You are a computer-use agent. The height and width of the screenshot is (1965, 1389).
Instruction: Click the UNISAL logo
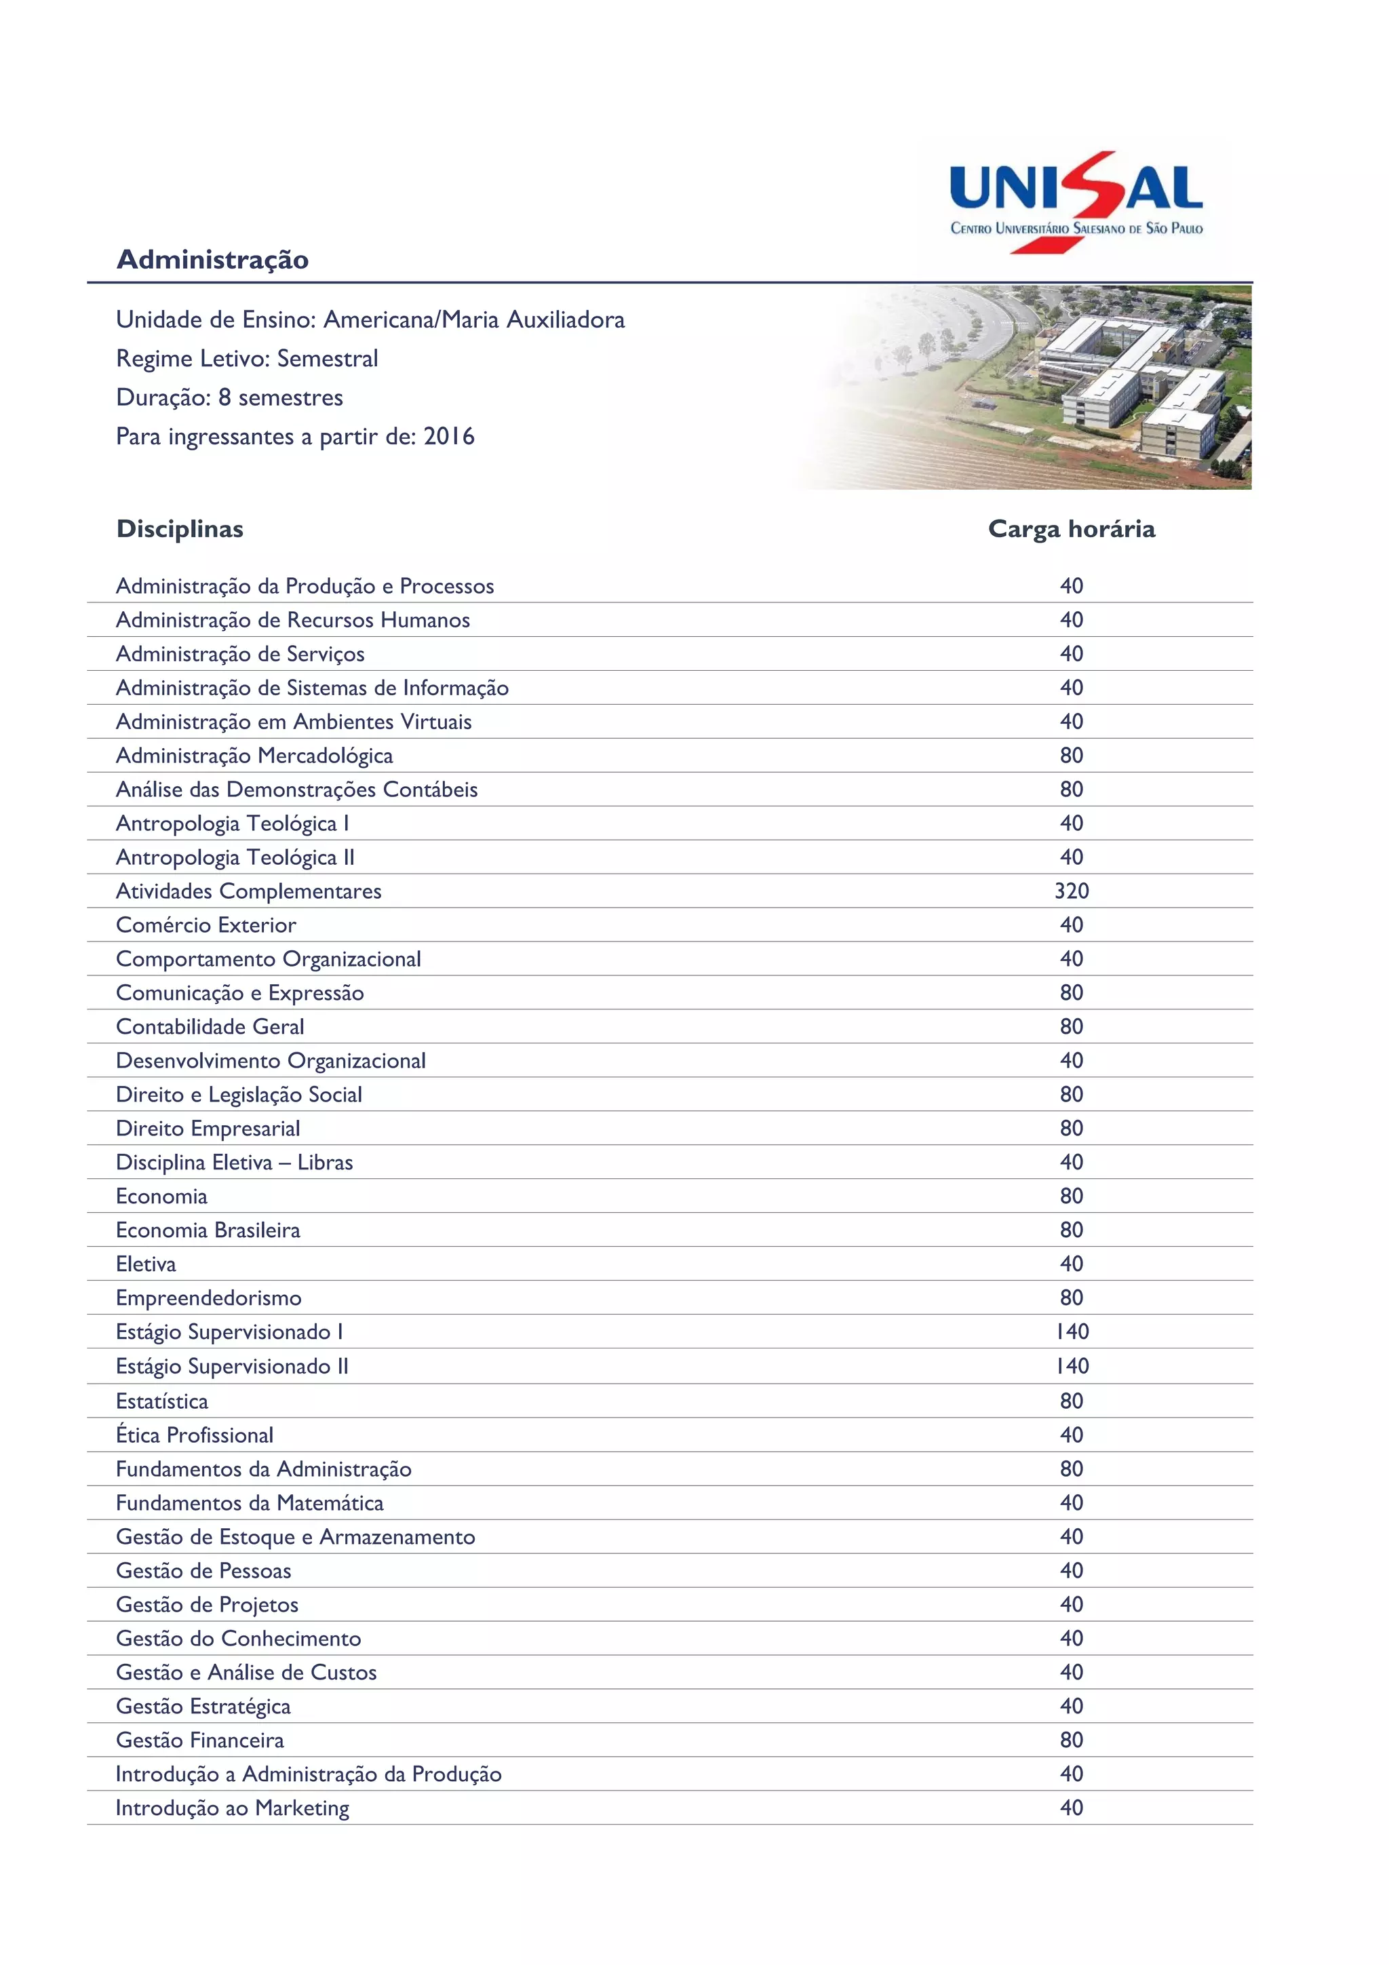(1076, 202)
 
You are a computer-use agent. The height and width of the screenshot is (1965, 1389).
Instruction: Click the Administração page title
(212, 259)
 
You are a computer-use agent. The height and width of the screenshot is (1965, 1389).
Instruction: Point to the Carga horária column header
(1071, 529)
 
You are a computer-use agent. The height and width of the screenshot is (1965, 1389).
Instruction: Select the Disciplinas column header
(180, 529)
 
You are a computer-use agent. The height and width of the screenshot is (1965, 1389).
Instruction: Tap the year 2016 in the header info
(448, 436)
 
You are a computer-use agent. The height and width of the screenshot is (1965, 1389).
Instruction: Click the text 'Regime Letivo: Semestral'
(246, 359)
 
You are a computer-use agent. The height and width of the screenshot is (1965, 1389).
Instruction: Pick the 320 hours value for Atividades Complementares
(1071, 891)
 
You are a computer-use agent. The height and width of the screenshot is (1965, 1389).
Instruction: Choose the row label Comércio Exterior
(206, 925)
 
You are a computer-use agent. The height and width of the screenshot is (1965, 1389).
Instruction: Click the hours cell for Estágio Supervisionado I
(1071, 1331)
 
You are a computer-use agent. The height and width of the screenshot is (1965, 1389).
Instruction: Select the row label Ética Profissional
(194, 1435)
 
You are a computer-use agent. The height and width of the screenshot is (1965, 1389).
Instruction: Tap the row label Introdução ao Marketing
(232, 1808)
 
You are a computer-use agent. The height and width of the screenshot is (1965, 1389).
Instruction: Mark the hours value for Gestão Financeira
(1071, 1740)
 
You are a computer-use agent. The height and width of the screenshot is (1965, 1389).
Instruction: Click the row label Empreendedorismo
(208, 1298)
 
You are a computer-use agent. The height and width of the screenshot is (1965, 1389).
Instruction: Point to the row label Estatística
(161, 1401)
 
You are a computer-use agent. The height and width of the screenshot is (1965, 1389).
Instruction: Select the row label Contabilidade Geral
(210, 1027)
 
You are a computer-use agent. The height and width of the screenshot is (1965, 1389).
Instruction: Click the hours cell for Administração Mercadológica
(1071, 756)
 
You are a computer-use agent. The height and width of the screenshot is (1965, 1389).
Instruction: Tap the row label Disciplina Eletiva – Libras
(233, 1162)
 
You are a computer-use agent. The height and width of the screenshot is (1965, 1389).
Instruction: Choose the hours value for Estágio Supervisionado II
(1071, 1366)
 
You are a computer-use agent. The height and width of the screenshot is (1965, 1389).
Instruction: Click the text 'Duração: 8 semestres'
(229, 398)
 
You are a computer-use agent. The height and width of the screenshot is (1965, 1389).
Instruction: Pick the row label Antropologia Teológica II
(235, 857)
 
